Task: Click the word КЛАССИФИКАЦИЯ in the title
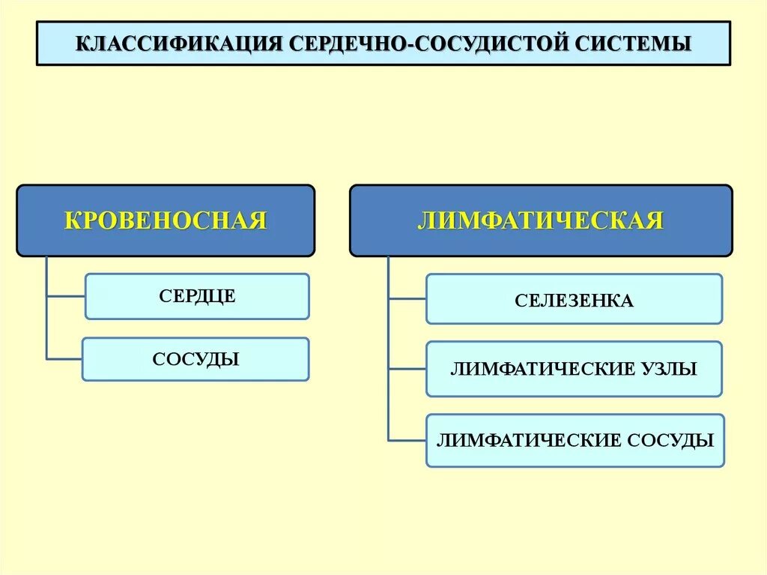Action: click(180, 43)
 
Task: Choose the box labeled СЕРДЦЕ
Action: click(197, 296)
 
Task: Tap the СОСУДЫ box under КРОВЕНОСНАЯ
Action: click(195, 359)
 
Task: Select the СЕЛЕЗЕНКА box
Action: click(575, 299)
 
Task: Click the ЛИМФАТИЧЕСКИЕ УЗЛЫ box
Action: click(575, 369)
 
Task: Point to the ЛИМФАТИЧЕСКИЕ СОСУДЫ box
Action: click(575, 440)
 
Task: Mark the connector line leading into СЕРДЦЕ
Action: click(66, 297)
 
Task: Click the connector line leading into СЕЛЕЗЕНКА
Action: click(407, 299)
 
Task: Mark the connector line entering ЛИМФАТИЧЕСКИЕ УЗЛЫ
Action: click(407, 369)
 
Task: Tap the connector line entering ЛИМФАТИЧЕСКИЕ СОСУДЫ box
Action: click(407, 440)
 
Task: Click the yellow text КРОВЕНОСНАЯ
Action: click(166, 221)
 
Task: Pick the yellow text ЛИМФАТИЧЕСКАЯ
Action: click(541, 221)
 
